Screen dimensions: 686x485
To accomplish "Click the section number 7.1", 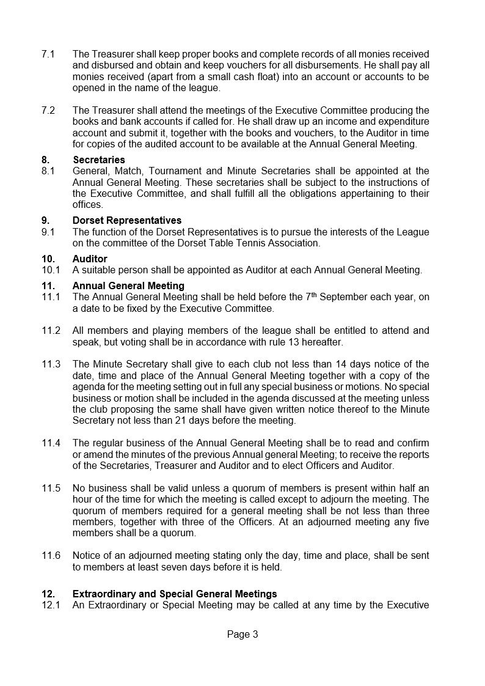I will pos(48,54).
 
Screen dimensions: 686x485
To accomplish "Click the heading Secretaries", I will pos(98,160).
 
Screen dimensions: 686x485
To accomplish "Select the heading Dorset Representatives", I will pos(126,220).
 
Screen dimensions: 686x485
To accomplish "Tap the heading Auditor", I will pos(90,259).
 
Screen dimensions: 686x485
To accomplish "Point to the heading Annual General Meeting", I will pos(128,286).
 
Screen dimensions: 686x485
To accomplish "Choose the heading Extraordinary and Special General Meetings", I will pos(175,594).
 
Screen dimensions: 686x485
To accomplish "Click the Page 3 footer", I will pos(242,634).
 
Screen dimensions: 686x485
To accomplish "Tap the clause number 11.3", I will pos(51,364).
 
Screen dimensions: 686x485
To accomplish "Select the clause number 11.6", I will pos(51,555).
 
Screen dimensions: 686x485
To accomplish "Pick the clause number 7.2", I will pos(48,110).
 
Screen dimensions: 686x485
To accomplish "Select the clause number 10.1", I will pos(51,270).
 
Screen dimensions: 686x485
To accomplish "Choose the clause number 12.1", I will pos(51,605).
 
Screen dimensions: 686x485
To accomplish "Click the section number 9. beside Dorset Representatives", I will pos(45,220).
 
